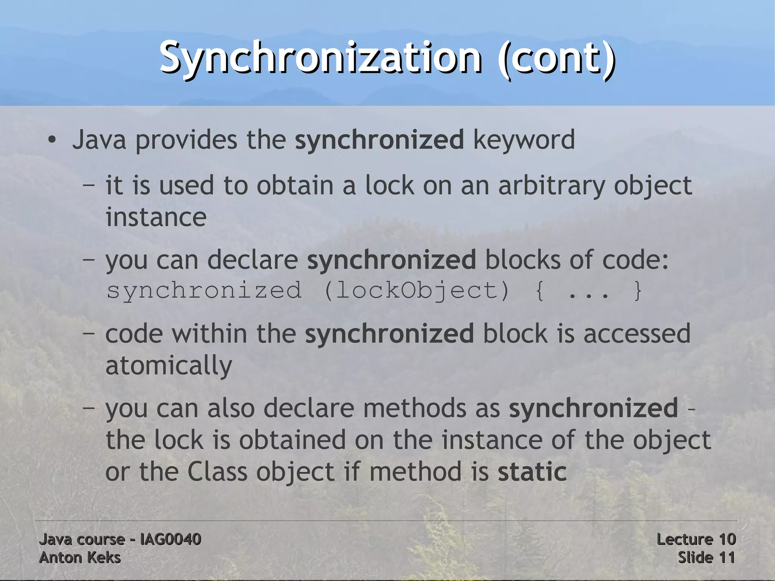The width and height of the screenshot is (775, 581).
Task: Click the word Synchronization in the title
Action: click(320, 58)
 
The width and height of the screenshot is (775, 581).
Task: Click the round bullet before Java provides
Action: click(52, 140)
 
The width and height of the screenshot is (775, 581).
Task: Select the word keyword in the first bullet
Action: click(524, 140)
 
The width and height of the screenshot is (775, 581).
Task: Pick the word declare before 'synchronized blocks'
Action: click(252, 260)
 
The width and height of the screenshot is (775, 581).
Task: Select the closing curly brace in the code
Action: click(638, 291)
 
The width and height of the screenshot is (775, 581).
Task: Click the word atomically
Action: click(169, 366)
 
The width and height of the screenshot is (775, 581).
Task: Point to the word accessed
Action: click(637, 334)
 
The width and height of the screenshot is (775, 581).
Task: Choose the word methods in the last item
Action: click(414, 408)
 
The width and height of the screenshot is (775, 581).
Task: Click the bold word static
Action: click(532, 472)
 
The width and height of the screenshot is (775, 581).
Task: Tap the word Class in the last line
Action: click(217, 472)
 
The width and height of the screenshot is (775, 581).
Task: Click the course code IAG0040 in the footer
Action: click(170, 539)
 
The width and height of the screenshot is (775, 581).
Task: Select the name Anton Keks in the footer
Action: click(80, 558)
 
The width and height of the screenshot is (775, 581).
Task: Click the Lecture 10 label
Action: click(696, 539)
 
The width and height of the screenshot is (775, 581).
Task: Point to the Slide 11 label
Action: click(706, 558)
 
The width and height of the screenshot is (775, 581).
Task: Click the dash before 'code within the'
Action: click(89, 334)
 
